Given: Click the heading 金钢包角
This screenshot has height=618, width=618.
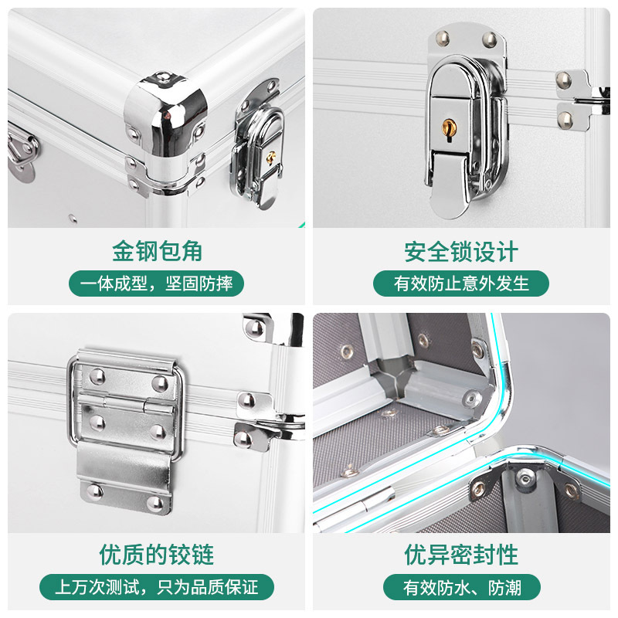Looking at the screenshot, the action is pyautogui.click(x=157, y=251).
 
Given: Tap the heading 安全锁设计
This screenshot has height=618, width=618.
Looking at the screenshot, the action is pyautogui.click(x=461, y=252).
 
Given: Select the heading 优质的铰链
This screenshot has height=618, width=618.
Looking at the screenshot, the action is pyautogui.click(x=157, y=555).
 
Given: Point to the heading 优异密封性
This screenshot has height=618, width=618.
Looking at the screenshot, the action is pyautogui.click(x=461, y=555).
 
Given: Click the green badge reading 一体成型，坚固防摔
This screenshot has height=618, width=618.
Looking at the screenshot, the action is pyautogui.click(x=157, y=284).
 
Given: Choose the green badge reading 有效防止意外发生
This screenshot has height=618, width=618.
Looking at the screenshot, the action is pyautogui.click(x=461, y=284).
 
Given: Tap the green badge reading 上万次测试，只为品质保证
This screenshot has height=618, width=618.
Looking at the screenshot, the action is pyautogui.click(x=157, y=587).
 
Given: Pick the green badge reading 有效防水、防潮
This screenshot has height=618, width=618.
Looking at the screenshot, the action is pyautogui.click(x=461, y=587).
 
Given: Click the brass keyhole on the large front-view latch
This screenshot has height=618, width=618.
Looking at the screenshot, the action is pyautogui.click(x=449, y=129).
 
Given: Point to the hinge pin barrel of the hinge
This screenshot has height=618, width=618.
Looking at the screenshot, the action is pyautogui.click(x=126, y=403).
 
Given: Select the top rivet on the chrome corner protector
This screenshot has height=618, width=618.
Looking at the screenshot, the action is pyautogui.click(x=162, y=76).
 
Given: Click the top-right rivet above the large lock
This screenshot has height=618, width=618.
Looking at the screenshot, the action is pyautogui.click(x=490, y=39).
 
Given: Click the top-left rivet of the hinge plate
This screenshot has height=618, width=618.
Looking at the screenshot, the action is pyautogui.click(x=97, y=376).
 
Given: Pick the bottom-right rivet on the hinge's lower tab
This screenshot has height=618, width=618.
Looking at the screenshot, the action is pyautogui.click(x=154, y=504).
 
